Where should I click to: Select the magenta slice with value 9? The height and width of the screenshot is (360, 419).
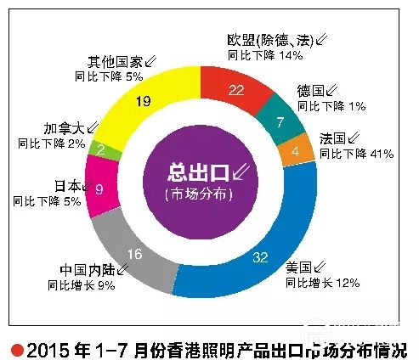(99, 187)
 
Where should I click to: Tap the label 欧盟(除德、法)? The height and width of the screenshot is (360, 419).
(270, 40)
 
